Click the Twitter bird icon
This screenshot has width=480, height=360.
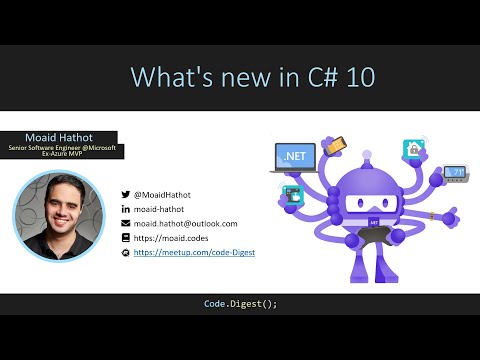pyautogui.click(x=125, y=194)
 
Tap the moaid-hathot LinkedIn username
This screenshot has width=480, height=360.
pyautogui.click(x=161, y=209)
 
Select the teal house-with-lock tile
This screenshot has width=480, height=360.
pyautogui.click(x=412, y=148)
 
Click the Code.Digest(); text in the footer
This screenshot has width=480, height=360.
pyautogui.click(x=239, y=303)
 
